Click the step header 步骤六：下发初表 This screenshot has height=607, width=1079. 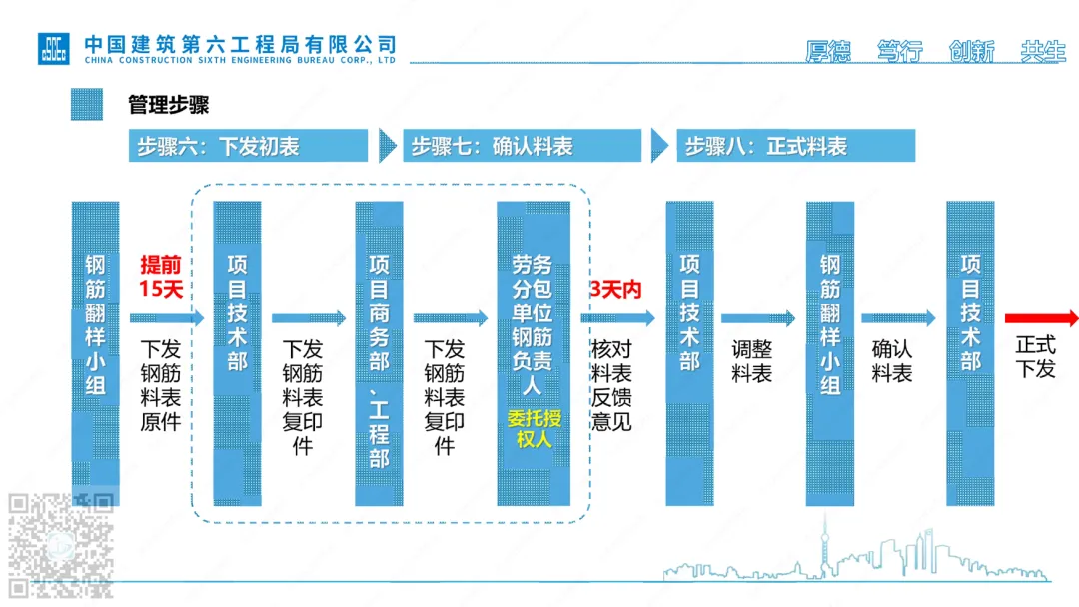(x=248, y=146)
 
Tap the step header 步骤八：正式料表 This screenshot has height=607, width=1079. (x=795, y=146)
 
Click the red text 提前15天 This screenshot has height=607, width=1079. (x=161, y=278)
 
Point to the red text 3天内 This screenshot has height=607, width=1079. (x=616, y=290)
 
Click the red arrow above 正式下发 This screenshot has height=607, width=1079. (x=1041, y=318)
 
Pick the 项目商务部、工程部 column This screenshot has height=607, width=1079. (x=379, y=353)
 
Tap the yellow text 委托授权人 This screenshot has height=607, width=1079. (x=534, y=427)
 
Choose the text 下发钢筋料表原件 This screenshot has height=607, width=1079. (x=160, y=385)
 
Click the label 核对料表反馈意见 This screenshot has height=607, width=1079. (x=611, y=385)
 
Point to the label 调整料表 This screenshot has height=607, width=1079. (x=751, y=361)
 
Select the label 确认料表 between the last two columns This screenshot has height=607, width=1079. (x=891, y=361)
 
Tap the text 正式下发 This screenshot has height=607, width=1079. (x=1035, y=357)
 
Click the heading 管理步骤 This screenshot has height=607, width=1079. (x=168, y=105)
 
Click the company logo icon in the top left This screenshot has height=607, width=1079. (x=54, y=48)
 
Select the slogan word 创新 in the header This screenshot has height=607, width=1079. (x=971, y=52)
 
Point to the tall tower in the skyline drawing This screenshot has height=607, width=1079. (x=826, y=544)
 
